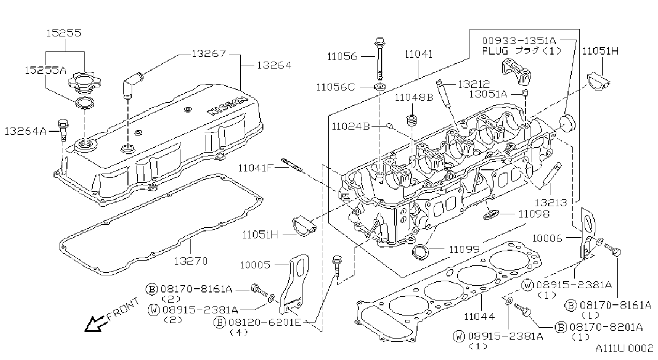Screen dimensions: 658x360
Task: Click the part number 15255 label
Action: point(64,33)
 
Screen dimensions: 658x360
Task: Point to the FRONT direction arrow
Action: point(95,324)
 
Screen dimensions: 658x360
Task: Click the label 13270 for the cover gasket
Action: point(191,261)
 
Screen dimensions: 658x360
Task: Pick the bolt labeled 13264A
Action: point(63,130)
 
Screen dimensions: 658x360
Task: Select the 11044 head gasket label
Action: point(480,316)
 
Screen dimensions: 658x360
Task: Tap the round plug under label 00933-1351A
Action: point(567,123)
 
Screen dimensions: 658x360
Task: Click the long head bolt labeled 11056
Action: point(380,58)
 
